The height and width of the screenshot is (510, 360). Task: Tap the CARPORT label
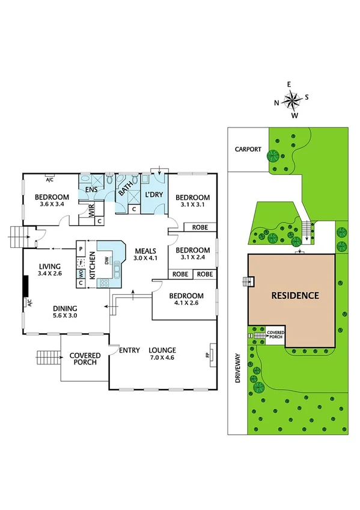pyautogui.click(x=249, y=150)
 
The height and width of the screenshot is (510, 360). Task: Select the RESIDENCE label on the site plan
pyautogui.click(x=294, y=296)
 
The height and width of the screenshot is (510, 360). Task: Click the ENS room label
pyautogui.click(x=91, y=190)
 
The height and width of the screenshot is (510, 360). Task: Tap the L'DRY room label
pyautogui.click(x=154, y=195)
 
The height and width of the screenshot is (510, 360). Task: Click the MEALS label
pyautogui.click(x=145, y=251)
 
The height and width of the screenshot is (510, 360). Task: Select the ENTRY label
pyautogui.click(x=129, y=351)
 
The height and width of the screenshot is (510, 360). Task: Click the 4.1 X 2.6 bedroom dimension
pyautogui.click(x=186, y=304)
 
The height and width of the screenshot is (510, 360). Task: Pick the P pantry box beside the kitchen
pyautogui.click(x=80, y=247)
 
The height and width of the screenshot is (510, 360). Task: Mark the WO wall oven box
pyautogui.click(x=80, y=272)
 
